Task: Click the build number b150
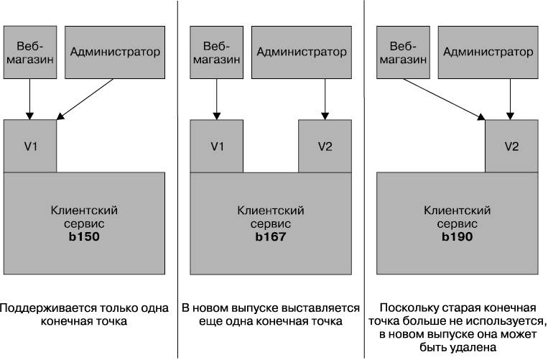tap(84, 236)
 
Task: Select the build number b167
tap(271, 236)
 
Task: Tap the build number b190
tap(457, 236)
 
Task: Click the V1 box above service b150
tap(30, 146)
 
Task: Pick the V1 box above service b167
tap(217, 146)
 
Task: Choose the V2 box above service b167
tap(325, 146)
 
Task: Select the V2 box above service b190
tap(511, 146)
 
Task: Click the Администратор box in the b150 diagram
tap(115, 52)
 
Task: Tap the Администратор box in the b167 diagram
tap(302, 52)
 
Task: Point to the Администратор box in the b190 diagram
tap(488, 52)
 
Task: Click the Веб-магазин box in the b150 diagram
tap(30, 52)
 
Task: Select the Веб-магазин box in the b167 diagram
tap(217, 52)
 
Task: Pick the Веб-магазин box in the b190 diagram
tap(404, 52)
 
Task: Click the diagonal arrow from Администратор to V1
tap(85, 99)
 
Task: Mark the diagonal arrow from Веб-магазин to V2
tap(444, 99)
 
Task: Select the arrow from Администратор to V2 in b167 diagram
tap(325, 99)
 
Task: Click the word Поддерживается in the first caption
tap(48, 308)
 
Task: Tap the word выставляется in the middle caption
tap(320, 308)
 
